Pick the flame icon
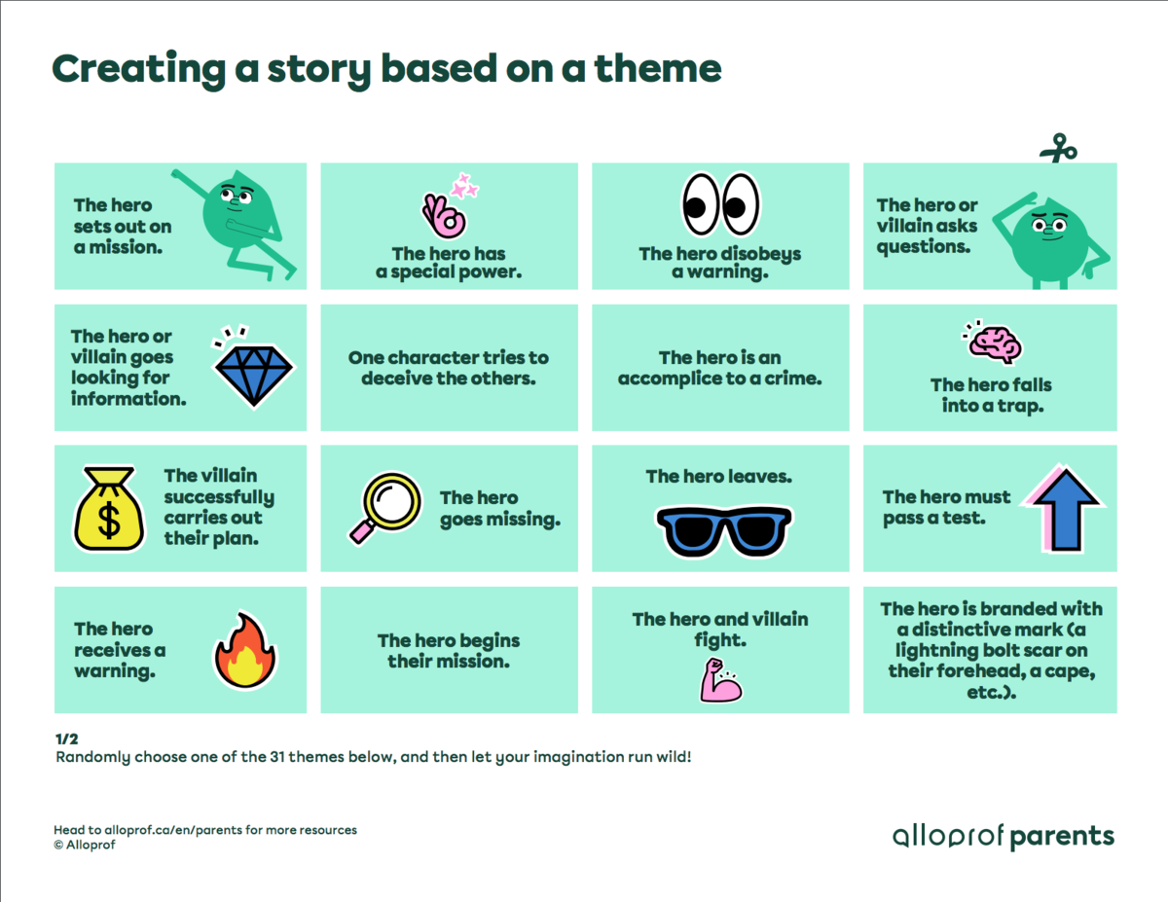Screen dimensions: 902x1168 coord(245,650)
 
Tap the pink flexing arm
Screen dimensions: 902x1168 coord(720,680)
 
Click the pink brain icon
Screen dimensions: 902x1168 coord(993,343)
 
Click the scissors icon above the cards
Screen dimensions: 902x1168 coord(1058,148)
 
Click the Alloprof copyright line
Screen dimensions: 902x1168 coord(89,845)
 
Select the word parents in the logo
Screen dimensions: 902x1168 coord(1061,836)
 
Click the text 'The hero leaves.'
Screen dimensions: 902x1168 coord(719,477)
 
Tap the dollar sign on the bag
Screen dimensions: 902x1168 coord(109,521)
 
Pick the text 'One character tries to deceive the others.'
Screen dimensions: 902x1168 coord(449,368)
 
